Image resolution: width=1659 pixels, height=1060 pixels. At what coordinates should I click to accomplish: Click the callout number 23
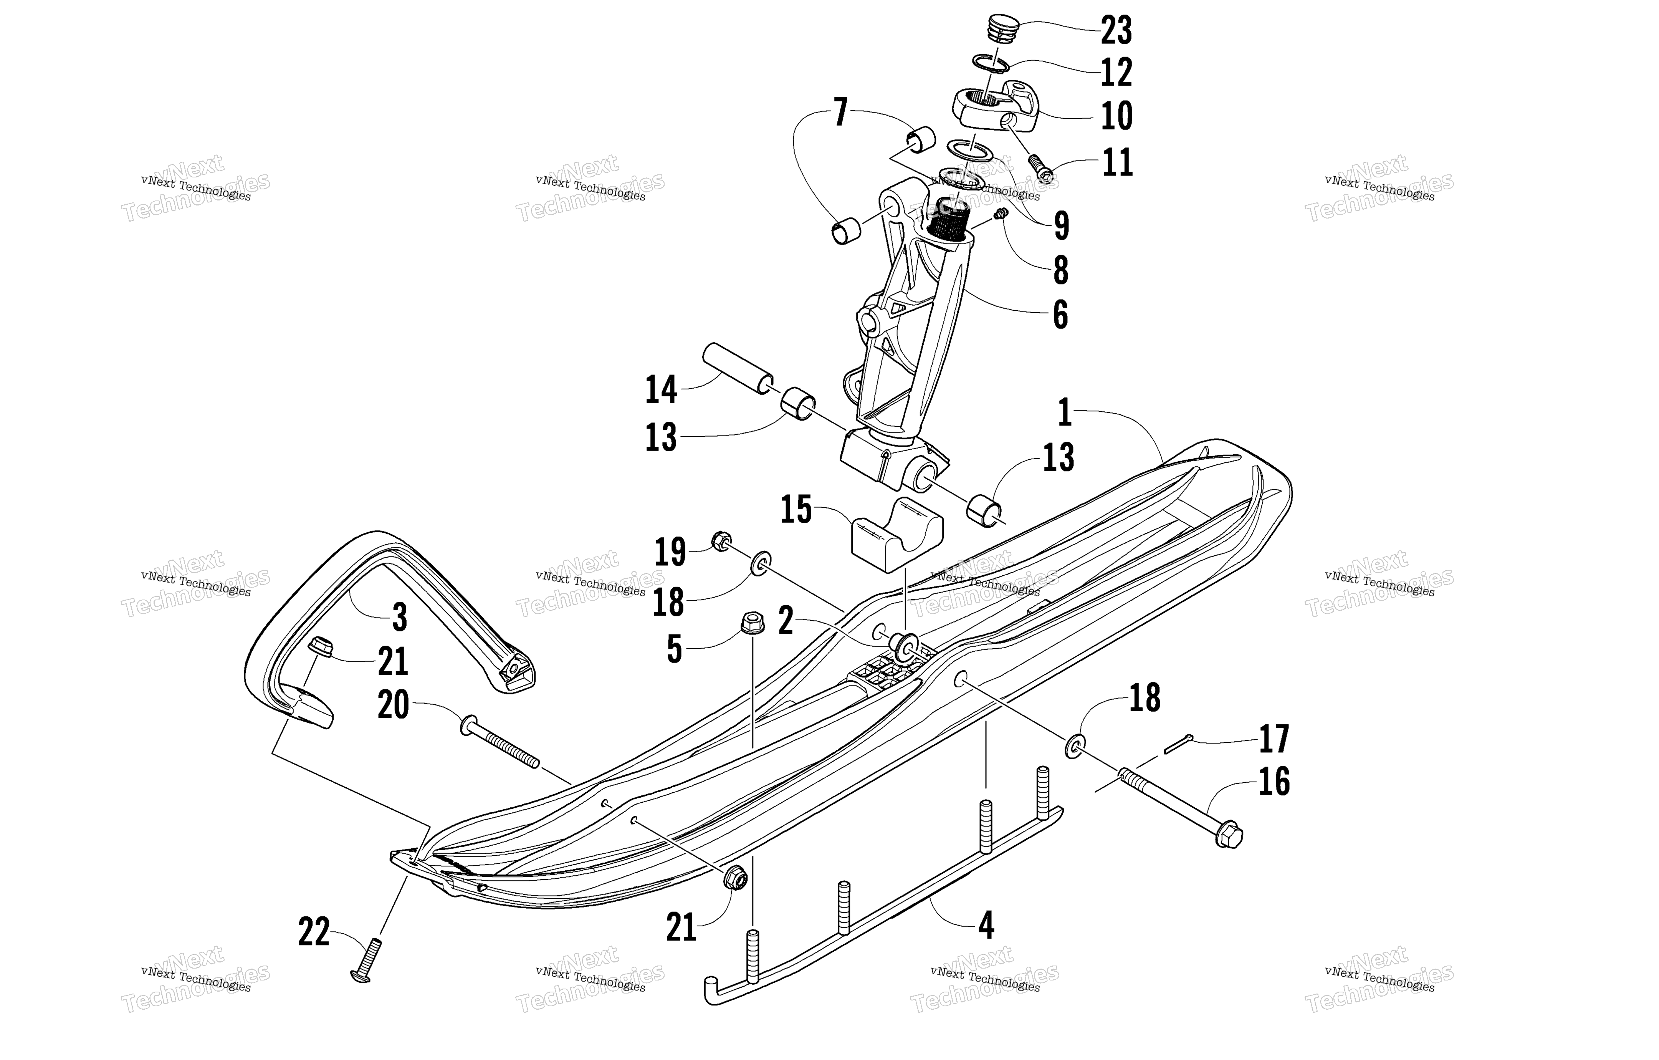click(1116, 30)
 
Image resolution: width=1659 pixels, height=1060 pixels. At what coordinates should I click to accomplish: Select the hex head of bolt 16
click(1228, 835)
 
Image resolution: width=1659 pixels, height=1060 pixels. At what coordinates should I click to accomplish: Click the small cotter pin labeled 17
click(1179, 744)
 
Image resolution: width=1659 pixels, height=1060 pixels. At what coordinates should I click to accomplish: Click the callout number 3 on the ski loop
click(400, 618)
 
